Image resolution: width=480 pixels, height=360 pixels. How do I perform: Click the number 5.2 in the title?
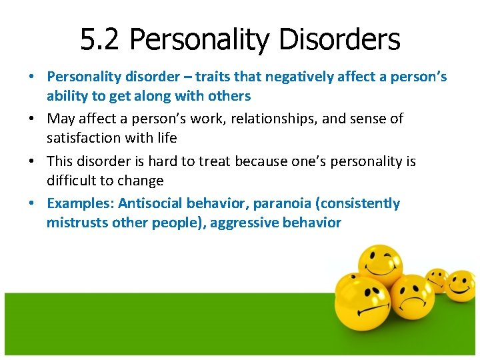[101, 39]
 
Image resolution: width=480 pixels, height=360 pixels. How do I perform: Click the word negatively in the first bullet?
[269, 77]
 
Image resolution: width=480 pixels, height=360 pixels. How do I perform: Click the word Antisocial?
[152, 203]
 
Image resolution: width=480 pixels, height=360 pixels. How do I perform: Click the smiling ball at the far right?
[459, 285]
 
